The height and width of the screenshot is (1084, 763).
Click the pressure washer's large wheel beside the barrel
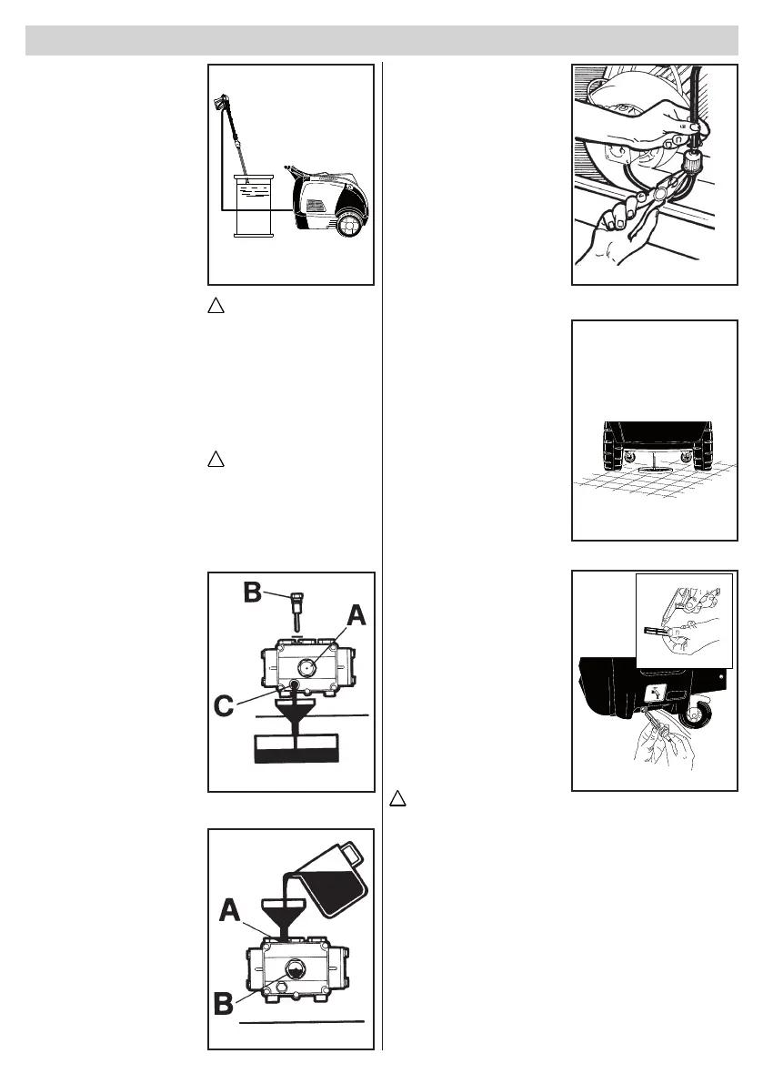tap(350, 223)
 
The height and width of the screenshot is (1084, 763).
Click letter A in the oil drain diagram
tap(356, 618)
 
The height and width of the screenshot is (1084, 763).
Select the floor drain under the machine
tap(654, 471)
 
